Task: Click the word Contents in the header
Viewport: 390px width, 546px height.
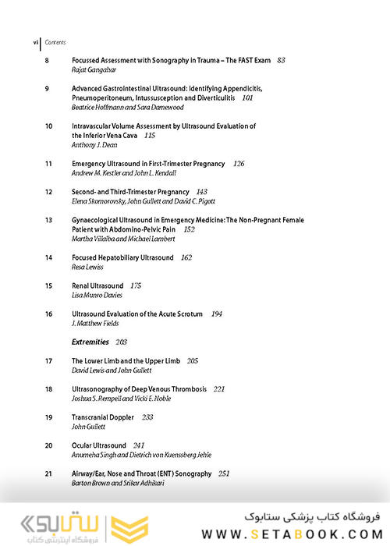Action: pos(55,41)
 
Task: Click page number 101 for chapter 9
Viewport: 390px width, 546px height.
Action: pos(247,97)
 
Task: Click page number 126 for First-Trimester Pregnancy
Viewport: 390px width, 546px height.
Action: pos(239,164)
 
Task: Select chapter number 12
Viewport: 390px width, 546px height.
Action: pos(48,192)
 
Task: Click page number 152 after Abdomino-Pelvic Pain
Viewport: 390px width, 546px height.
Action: pos(189,229)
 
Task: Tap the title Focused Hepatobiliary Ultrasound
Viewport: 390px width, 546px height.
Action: pos(122,257)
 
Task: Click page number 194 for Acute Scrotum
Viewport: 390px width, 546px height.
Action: pos(217,314)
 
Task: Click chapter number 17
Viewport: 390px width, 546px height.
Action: pos(48,361)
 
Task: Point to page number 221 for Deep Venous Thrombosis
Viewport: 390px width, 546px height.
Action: pos(219,388)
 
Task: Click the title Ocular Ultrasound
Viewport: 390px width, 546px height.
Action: pos(97,445)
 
